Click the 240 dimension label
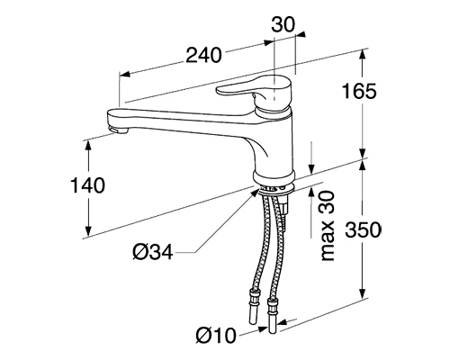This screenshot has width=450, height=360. pyautogui.click(x=203, y=56)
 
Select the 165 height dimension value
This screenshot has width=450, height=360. pyautogui.click(x=359, y=91)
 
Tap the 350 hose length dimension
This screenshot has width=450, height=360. pyautogui.click(x=363, y=229)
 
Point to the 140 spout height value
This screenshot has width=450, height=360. pyautogui.click(x=87, y=185)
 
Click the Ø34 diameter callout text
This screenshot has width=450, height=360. pyautogui.click(x=153, y=251)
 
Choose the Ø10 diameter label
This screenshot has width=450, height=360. pyautogui.click(x=216, y=335)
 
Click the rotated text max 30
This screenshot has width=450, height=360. pyautogui.click(x=328, y=226)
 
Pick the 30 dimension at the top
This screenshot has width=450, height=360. pyautogui.click(x=283, y=24)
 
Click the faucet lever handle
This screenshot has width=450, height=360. pyautogui.click(x=254, y=92)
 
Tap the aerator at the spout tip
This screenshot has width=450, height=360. pyautogui.click(x=117, y=130)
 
